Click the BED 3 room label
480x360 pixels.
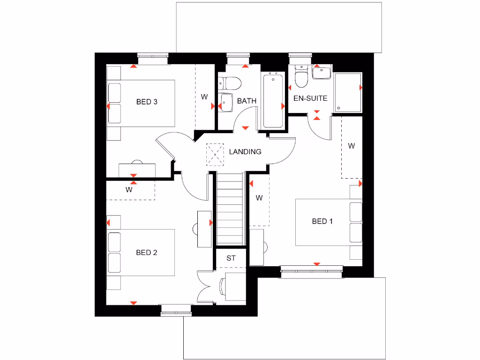146,102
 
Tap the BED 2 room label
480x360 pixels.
146,253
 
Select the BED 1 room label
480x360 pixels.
322,221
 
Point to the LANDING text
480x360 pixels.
245,152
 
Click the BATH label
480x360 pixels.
247,101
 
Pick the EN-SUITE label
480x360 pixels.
310,98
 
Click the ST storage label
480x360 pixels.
231,258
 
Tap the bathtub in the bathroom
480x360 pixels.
273,100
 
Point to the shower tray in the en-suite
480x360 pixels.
348,92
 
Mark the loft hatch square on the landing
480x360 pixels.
216,154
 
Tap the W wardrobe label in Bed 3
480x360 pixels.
204,97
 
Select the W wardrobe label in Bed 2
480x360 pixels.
129,190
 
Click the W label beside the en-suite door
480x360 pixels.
351,146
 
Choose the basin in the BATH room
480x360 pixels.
226,103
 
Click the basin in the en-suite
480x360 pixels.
322,74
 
